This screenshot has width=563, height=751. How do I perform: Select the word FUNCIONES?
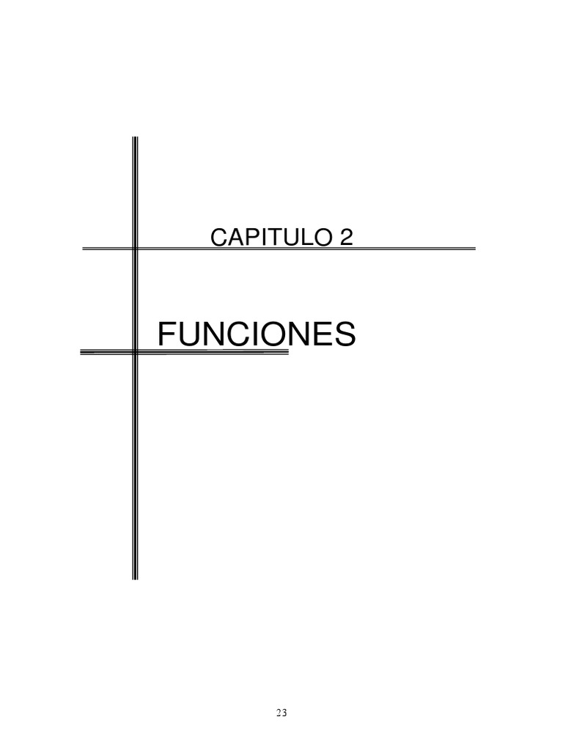[257, 335]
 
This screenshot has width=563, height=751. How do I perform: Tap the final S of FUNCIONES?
[345, 335]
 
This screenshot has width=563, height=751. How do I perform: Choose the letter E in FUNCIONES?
[322, 335]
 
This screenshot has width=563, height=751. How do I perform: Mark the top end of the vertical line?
[135, 138]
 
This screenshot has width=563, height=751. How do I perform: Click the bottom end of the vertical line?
[135, 579]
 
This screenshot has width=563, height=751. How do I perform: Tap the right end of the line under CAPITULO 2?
[474, 249]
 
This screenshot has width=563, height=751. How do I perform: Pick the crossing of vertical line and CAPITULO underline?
[135, 249]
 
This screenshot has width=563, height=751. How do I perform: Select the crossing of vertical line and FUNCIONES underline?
[135, 353]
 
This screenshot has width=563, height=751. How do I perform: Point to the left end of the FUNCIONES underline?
[81, 353]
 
